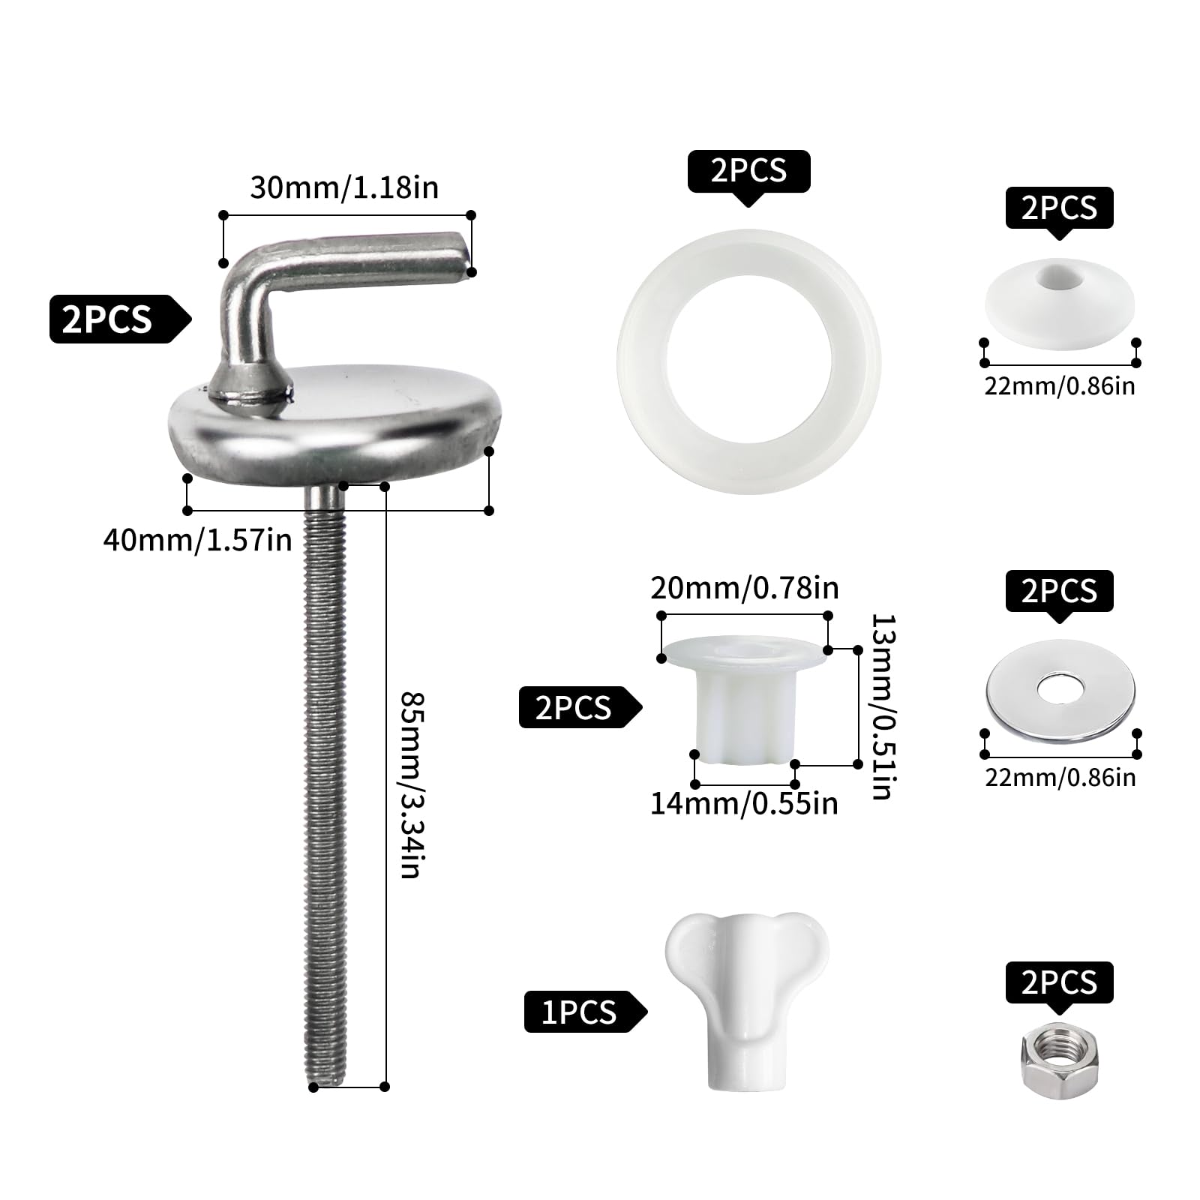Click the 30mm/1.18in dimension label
click(x=344, y=187)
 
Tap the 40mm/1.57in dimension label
click(x=197, y=540)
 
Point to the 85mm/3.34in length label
click(x=413, y=784)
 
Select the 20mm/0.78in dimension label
click(x=744, y=588)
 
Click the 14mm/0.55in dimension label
click(x=744, y=803)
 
